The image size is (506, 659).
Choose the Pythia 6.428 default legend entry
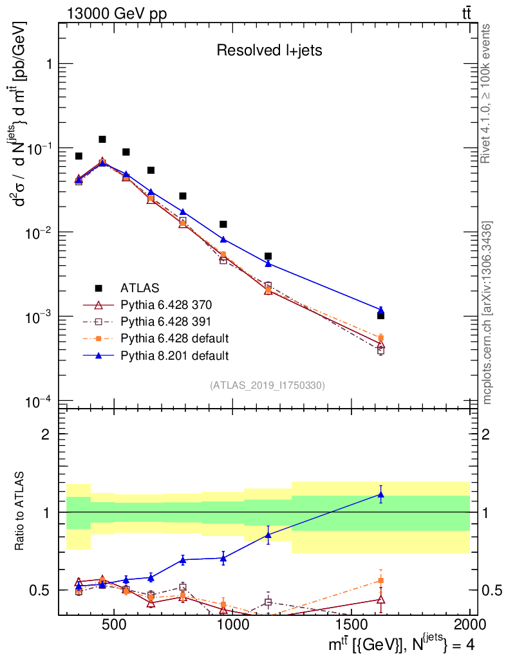[x=174, y=338]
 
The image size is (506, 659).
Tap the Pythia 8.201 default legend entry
[x=174, y=355]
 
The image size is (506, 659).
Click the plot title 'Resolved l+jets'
[x=268, y=51]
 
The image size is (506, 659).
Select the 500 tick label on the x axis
[x=114, y=626]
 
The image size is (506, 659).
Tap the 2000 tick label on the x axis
[x=470, y=626]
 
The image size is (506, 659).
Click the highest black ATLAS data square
[x=102, y=139]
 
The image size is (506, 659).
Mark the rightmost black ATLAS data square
[x=380, y=315]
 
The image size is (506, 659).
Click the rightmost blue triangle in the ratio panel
[x=380, y=495]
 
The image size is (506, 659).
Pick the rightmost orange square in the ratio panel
[x=380, y=580]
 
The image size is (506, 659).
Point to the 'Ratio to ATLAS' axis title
[x=21, y=512]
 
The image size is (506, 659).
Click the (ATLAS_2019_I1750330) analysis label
[x=267, y=385]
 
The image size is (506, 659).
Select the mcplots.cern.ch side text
[x=487, y=313]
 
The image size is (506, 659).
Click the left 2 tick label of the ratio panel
[x=45, y=434]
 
